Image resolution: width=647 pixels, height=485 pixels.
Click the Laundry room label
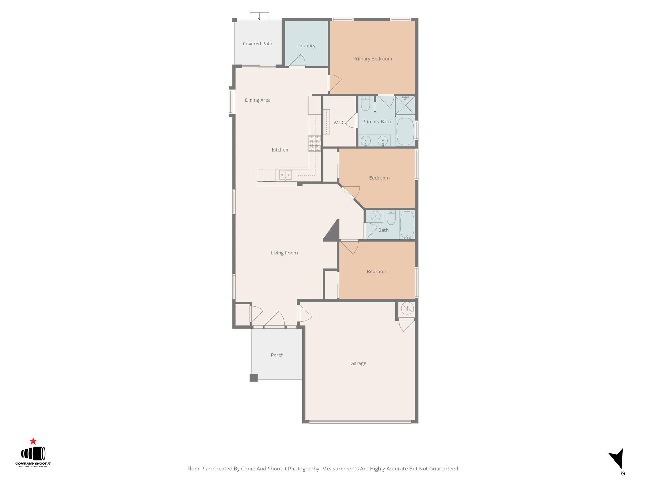306,46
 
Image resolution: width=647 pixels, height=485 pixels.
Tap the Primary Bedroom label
372,59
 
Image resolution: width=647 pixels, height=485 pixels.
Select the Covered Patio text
258,44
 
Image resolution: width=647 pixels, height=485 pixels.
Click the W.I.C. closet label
339,123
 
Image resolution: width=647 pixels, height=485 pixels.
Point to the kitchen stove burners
314,143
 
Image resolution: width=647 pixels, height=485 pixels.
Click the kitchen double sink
285,175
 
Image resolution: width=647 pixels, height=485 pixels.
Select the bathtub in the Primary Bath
405,131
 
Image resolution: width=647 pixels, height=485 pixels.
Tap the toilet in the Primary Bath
366,104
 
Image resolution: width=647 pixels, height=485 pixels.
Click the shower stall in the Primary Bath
405,105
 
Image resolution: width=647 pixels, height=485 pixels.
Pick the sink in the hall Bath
375,216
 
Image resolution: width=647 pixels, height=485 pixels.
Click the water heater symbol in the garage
407,308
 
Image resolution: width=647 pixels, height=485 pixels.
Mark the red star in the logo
33,441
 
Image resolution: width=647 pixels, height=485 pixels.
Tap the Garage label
358,364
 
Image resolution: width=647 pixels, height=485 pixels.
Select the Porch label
277,355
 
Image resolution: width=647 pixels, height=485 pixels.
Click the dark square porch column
253,378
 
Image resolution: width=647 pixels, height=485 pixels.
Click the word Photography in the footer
304,469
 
